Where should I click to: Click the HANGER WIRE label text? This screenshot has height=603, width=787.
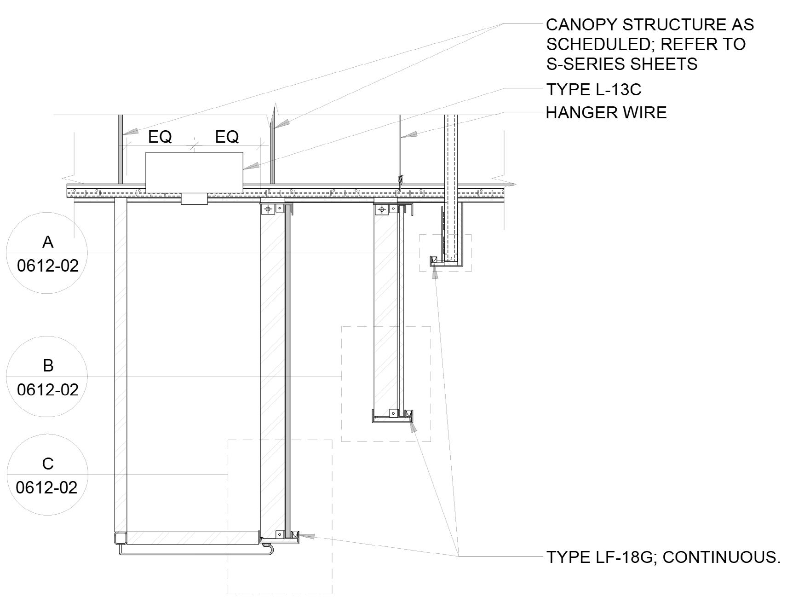click(x=606, y=113)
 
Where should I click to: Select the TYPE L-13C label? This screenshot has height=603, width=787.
click(x=593, y=90)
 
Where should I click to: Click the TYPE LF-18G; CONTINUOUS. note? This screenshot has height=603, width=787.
click(x=663, y=557)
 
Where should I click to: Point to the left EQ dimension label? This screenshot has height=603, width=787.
click(x=160, y=137)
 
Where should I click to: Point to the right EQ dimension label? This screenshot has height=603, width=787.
click(x=227, y=137)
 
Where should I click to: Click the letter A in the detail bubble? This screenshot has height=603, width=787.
click(x=47, y=242)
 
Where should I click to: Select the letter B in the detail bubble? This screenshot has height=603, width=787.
click(x=48, y=365)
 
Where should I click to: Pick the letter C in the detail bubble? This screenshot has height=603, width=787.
click(x=47, y=464)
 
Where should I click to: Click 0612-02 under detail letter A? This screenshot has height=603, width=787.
click(x=48, y=266)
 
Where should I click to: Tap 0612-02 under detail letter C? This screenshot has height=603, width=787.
click(x=47, y=487)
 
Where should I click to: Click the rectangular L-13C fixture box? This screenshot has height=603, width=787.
click(x=194, y=173)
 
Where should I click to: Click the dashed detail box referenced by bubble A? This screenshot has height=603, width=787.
click(x=445, y=252)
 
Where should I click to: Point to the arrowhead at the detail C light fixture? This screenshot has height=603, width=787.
click(x=307, y=536)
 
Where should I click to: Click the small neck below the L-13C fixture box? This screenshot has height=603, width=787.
click(x=194, y=198)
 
